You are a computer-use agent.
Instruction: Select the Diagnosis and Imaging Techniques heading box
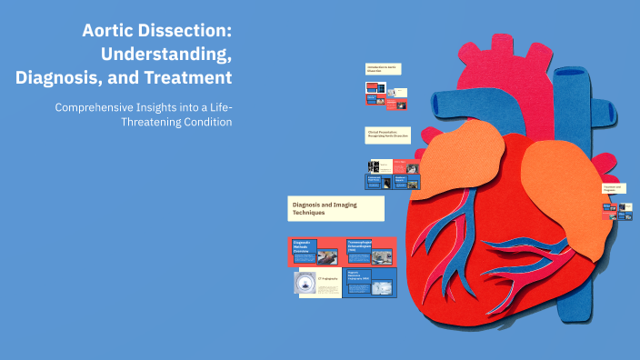click(x=335, y=209)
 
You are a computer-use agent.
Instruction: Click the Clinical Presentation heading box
click(x=387, y=134)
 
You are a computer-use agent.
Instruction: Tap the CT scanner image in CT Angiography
click(x=305, y=284)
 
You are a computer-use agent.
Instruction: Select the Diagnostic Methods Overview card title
click(x=303, y=246)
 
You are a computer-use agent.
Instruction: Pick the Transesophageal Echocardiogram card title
click(x=359, y=245)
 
